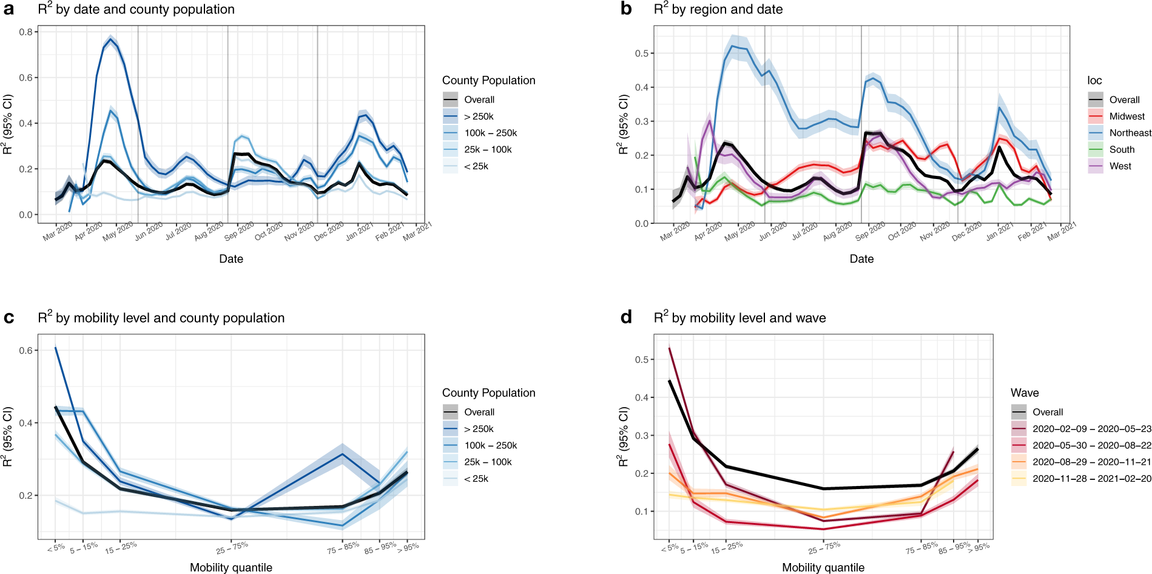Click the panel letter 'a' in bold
(8, 9)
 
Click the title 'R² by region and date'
(718, 9)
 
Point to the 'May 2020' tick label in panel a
(118, 231)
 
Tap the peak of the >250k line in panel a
(110, 38)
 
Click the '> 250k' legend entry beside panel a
(479, 116)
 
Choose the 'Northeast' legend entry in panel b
(1130, 133)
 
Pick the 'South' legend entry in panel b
(1122, 149)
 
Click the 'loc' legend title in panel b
(1094, 81)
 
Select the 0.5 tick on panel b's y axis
(641, 53)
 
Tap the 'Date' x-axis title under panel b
(861, 259)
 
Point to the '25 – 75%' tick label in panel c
(232, 547)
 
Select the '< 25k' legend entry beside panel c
(476, 479)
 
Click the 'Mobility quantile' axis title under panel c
(231, 567)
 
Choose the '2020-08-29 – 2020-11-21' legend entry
(1091, 462)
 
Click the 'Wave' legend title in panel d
(1025, 393)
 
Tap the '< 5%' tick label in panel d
(670, 548)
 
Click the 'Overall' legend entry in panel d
(1048, 412)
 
